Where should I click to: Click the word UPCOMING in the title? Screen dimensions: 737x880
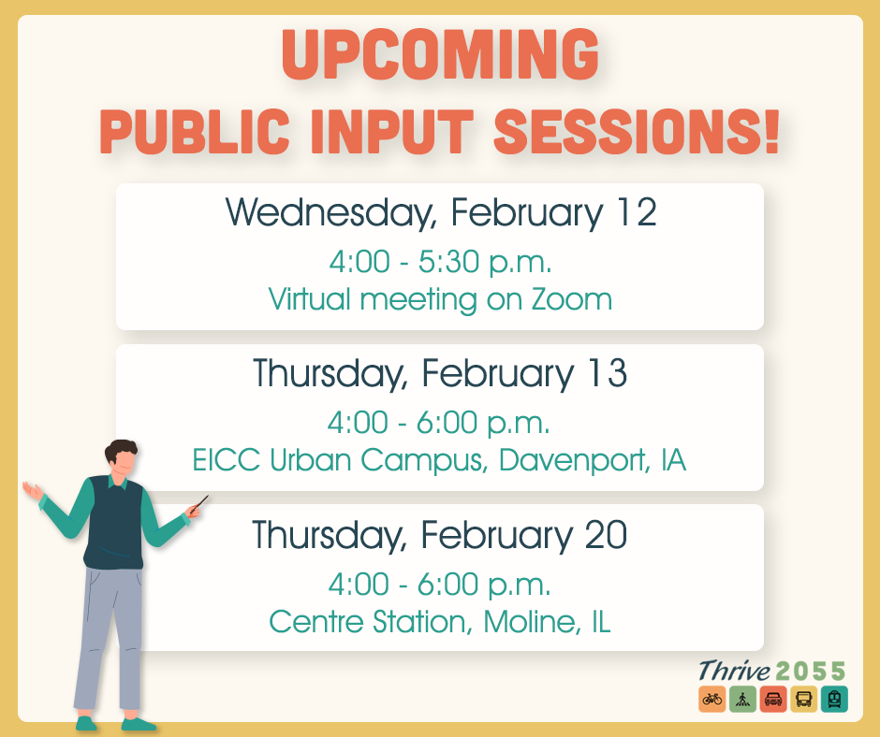pyautogui.click(x=440, y=57)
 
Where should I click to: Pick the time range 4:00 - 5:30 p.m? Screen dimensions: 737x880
pyautogui.click(x=439, y=262)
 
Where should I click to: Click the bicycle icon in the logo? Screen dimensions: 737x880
pyautogui.click(x=711, y=698)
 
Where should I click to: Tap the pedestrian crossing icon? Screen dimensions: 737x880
pyautogui.click(x=741, y=698)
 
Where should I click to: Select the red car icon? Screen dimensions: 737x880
pyautogui.click(x=772, y=698)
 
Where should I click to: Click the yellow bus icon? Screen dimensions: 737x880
pyautogui.click(x=803, y=698)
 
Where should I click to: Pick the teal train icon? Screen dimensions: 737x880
pyautogui.click(x=833, y=698)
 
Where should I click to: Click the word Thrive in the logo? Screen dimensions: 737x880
pyautogui.click(x=734, y=671)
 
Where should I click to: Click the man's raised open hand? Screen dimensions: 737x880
pyautogui.click(x=34, y=490)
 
